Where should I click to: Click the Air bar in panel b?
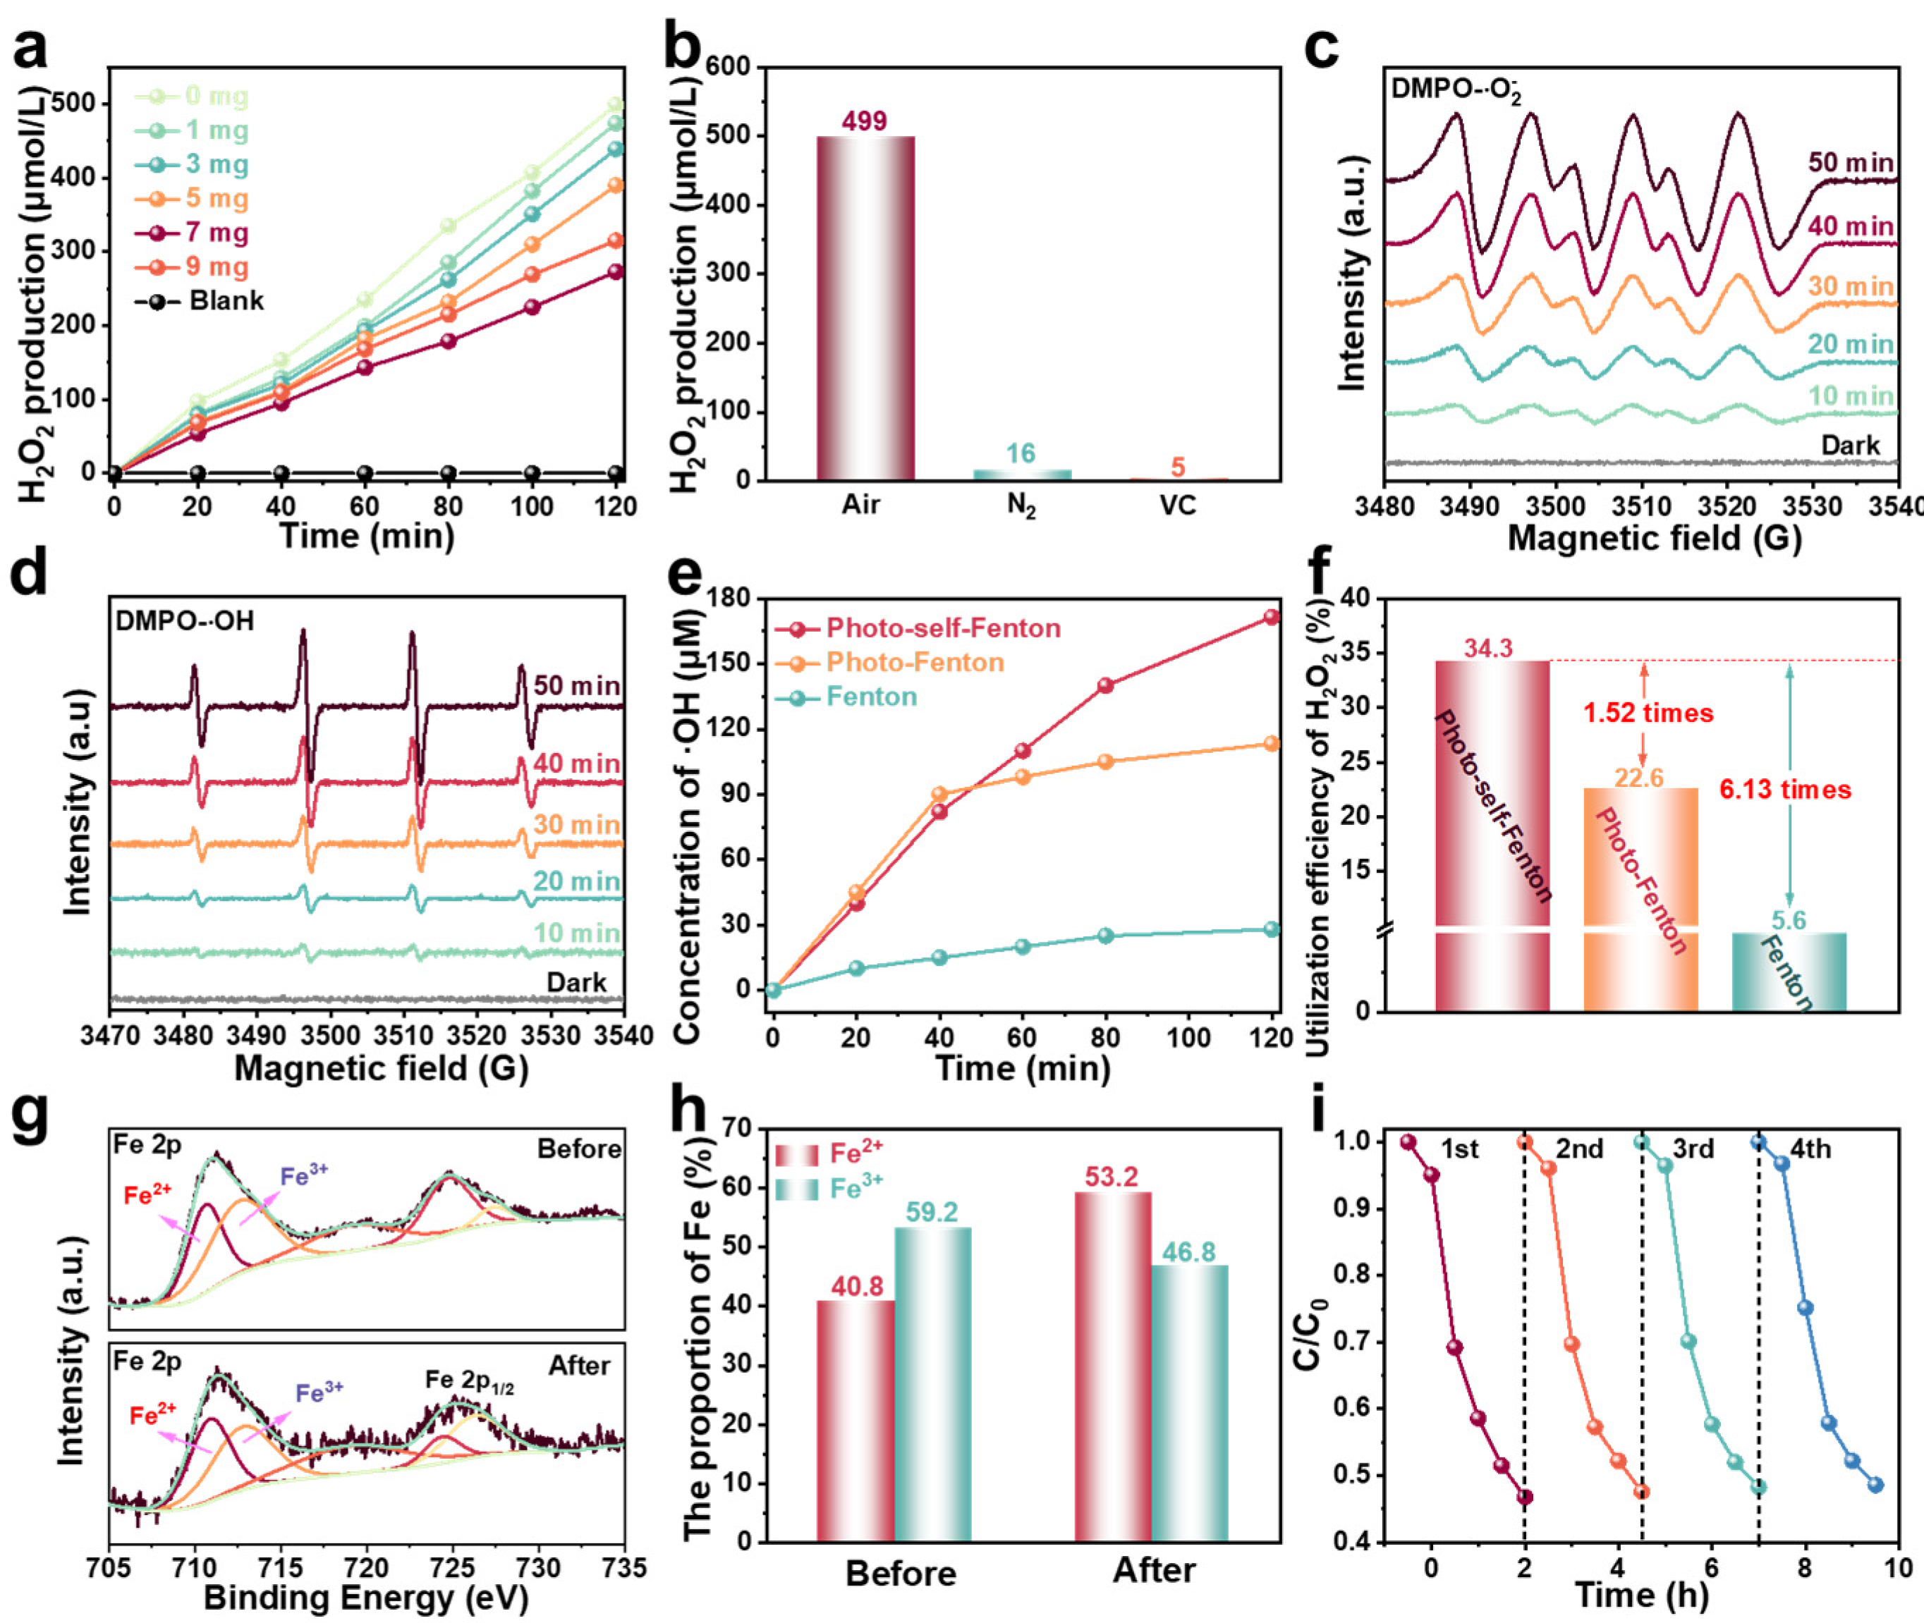point(865,308)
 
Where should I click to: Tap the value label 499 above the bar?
point(864,121)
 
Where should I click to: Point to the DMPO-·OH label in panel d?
point(184,621)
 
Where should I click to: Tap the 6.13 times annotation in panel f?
point(1785,790)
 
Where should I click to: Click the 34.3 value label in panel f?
point(1489,649)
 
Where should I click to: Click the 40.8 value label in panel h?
point(857,1286)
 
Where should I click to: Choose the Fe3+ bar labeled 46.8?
point(1189,1402)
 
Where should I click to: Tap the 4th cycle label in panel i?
point(1810,1149)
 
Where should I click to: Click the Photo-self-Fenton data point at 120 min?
point(1272,618)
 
